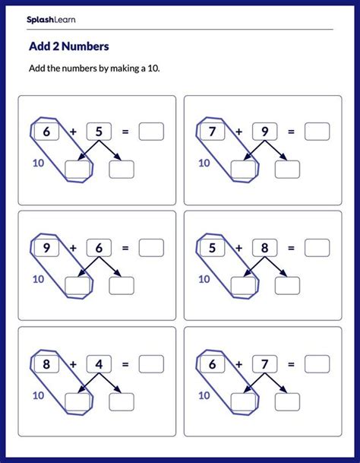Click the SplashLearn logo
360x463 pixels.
coord(51,20)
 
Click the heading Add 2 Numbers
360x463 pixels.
coord(69,46)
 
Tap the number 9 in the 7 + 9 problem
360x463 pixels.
coord(265,132)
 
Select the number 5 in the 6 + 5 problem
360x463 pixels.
coord(99,132)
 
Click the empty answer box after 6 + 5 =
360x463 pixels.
coord(151,132)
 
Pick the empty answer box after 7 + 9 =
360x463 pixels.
coord(317,132)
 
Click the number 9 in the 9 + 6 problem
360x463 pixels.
coord(46,248)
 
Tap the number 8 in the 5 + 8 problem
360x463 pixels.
coord(265,248)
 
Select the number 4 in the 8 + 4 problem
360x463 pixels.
coord(99,364)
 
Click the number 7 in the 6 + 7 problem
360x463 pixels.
coord(265,364)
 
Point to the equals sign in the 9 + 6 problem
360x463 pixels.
coord(125,248)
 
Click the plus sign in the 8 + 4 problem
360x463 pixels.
coord(73,364)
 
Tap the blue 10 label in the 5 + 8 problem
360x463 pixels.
coord(204,279)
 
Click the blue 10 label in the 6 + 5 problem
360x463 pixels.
coord(39,163)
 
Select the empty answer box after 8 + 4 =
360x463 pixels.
coord(151,364)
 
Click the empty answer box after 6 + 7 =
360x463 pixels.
coord(317,364)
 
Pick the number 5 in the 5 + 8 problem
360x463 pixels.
coord(212,248)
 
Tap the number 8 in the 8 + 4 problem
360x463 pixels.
coord(46,364)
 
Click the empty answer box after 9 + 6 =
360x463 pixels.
coord(151,248)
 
